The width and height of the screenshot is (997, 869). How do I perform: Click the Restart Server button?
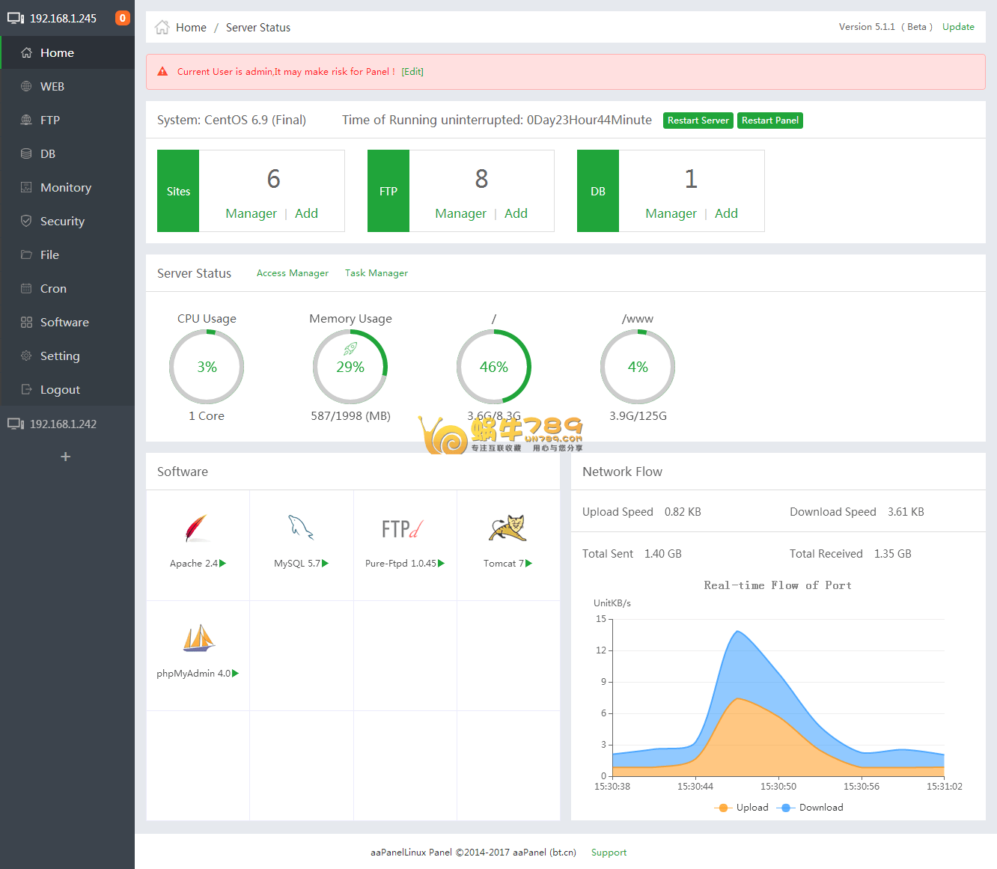click(x=698, y=121)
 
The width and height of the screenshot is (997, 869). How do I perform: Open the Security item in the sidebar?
click(x=62, y=222)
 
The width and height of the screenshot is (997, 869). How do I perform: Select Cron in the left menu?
click(x=53, y=289)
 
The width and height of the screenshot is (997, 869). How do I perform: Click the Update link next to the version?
click(x=958, y=27)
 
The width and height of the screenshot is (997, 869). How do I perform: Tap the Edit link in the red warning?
click(x=412, y=72)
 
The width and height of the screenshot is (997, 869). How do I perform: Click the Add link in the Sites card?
click(x=306, y=213)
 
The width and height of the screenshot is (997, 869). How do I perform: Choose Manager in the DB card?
click(x=671, y=213)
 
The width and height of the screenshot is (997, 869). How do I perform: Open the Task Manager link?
click(x=376, y=273)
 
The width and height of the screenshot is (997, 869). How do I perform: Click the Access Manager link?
click(x=293, y=273)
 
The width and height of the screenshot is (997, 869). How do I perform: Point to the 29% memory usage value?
click(x=350, y=368)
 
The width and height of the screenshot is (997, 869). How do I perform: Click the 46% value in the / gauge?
click(x=494, y=368)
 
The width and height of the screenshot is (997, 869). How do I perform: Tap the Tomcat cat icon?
click(x=508, y=528)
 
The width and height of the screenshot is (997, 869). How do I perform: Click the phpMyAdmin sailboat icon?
click(x=198, y=638)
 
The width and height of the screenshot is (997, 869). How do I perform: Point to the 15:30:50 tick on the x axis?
click(x=778, y=787)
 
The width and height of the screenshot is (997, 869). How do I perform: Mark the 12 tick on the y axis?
click(x=601, y=650)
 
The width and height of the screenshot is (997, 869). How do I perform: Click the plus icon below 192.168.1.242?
click(x=66, y=457)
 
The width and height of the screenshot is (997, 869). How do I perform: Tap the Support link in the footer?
click(x=609, y=853)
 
